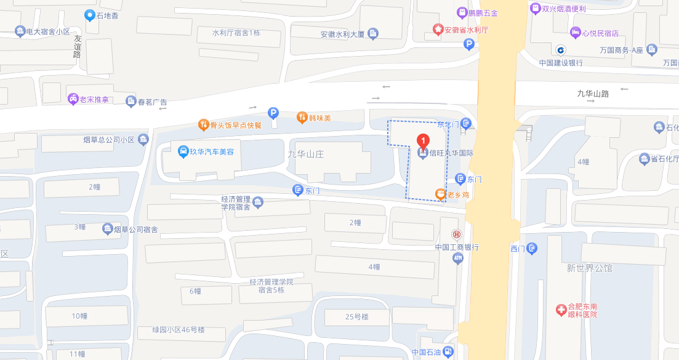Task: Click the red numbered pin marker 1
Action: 423,141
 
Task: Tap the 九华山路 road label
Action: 592,94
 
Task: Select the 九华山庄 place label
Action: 305,154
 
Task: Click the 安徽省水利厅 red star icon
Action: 438,29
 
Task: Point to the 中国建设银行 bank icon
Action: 561,50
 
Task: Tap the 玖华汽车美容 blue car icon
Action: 183,151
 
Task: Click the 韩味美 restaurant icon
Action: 302,117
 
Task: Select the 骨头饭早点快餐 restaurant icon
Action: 203,125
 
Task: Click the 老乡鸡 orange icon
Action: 440,194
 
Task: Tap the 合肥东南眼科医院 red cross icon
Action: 561,310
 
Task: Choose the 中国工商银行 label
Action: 457,247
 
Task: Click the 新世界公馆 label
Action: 590,268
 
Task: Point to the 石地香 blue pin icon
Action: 90,15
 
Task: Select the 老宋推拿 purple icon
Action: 73,99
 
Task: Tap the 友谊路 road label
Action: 78,46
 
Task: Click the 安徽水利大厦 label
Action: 343,34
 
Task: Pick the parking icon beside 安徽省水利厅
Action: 469,44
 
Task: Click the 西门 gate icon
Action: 532,249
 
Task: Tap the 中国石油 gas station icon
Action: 448,353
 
